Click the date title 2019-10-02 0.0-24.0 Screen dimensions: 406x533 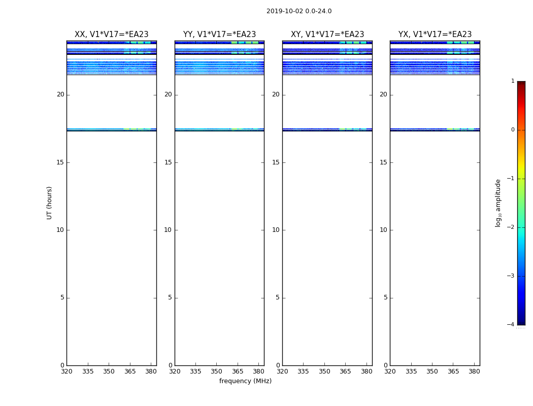tap(299, 11)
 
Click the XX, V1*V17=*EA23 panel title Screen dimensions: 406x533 tap(112, 35)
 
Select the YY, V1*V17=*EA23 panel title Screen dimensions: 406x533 tap(219, 35)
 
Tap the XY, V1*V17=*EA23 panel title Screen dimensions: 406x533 tap(327, 35)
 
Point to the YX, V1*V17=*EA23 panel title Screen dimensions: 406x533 tap(435, 35)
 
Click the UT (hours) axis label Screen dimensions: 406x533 tap(49, 202)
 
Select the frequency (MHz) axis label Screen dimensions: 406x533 tap(245, 381)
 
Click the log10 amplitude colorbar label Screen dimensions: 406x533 tap(498, 203)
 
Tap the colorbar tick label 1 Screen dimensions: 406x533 tap(513, 81)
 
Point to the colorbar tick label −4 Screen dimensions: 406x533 tap(511, 325)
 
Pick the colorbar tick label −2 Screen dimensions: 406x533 tap(511, 227)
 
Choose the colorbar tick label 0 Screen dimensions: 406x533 tap(513, 130)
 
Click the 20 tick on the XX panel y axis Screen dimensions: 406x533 tap(60, 94)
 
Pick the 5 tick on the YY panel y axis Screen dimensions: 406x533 tap(170, 297)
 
